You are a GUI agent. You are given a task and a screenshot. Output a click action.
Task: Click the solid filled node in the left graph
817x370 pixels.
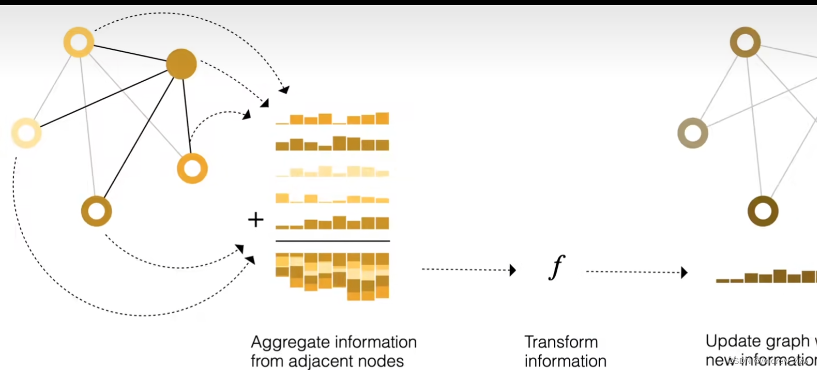181,64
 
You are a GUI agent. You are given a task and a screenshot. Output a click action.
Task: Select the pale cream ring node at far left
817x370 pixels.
26,133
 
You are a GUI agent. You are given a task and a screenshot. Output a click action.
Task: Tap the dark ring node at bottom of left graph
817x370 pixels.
97,211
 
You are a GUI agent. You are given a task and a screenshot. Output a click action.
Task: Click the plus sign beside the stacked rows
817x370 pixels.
256,220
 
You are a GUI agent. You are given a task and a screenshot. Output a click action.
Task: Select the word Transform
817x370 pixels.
561,342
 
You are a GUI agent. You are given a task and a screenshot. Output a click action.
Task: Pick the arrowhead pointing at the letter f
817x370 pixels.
513,270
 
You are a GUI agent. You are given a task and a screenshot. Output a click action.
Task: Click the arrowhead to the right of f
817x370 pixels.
684,272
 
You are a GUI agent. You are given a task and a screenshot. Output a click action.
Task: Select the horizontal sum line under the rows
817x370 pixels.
333,241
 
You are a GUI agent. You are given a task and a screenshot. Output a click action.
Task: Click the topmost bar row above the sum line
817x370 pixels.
333,119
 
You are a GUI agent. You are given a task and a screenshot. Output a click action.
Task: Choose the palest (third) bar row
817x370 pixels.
333,171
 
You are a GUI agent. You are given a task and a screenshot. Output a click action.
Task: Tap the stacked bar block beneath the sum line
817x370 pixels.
333,276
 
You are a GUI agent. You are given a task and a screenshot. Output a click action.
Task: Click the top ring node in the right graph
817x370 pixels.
745,42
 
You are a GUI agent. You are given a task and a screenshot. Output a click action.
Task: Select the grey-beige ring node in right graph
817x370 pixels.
693,133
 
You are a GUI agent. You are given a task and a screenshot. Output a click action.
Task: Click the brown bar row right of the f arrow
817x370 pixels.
766,276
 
